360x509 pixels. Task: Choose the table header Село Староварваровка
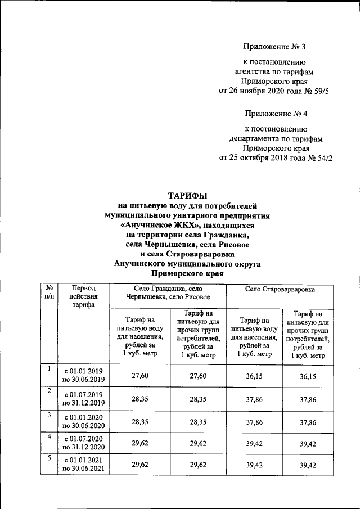pyautogui.click(x=280, y=289)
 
